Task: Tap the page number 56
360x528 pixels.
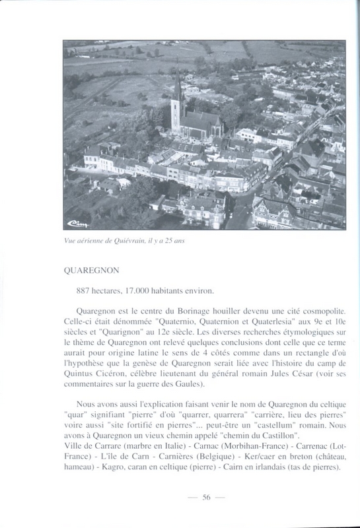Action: click(x=206, y=498)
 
